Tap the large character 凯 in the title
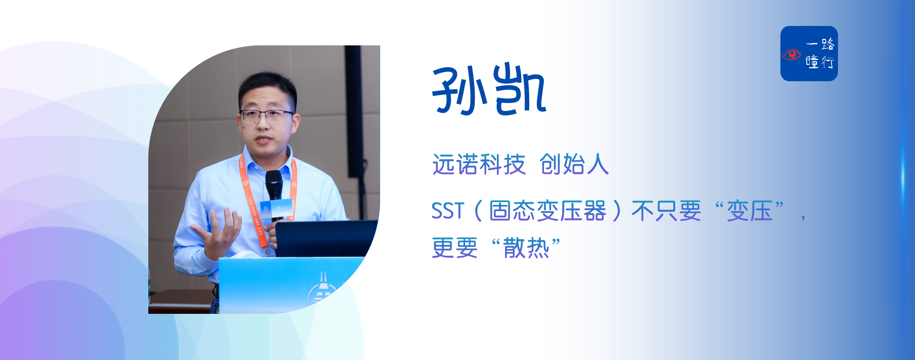(x=520, y=89)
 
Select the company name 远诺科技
(x=479, y=164)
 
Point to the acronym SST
(x=448, y=211)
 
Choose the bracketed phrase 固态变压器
(x=547, y=211)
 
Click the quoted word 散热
(x=526, y=247)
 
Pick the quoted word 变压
(x=750, y=211)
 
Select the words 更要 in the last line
(x=455, y=247)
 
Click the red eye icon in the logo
(x=791, y=54)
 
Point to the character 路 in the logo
(x=828, y=44)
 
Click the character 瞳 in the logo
(x=812, y=62)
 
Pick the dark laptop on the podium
(x=326, y=238)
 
